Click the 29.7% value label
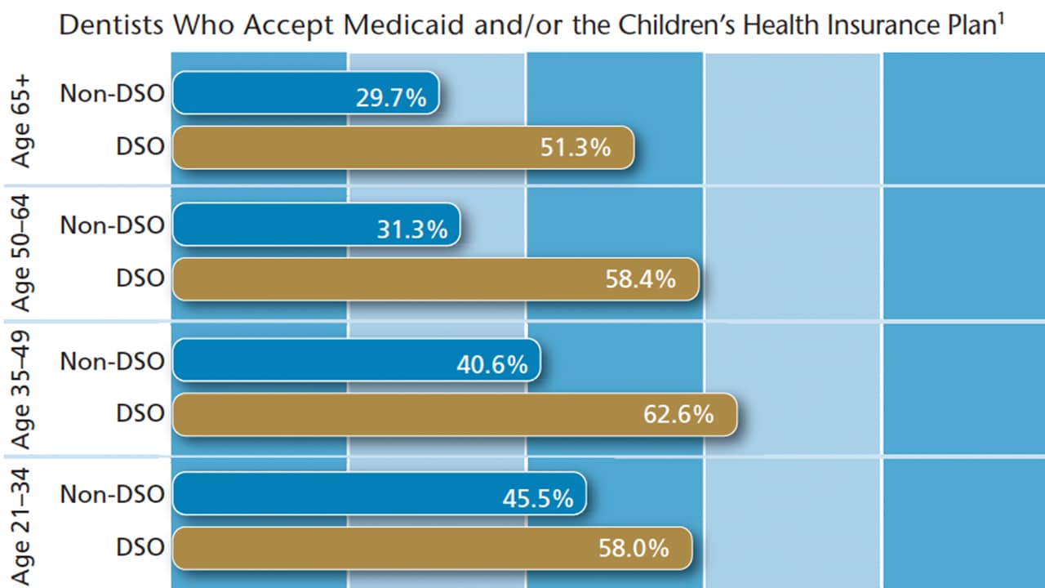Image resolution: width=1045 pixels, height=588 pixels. pyautogui.click(x=391, y=98)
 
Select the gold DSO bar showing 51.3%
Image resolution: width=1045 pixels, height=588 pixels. pyautogui.click(x=402, y=148)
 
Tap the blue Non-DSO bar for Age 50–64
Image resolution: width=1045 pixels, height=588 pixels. pyautogui.click(x=316, y=225)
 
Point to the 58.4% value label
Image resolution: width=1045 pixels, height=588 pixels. pyautogui.click(x=642, y=279)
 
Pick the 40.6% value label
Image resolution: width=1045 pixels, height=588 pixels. pyautogui.click(x=492, y=364)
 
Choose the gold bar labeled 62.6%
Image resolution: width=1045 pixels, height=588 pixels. pyautogui.click(x=454, y=414)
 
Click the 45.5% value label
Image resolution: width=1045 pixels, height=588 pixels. pyautogui.click(x=538, y=498)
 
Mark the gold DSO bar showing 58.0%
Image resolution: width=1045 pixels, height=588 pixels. pyautogui.click(x=432, y=548)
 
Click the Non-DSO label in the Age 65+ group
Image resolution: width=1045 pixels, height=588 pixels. pyautogui.click(x=112, y=94)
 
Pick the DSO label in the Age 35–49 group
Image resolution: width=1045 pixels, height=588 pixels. pyautogui.click(x=140, y=413)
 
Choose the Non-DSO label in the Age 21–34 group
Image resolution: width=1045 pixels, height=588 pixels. pyautogui.click(x=112, y=493)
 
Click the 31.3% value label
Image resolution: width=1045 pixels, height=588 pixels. pyautogui.click(x=412, y=230)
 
